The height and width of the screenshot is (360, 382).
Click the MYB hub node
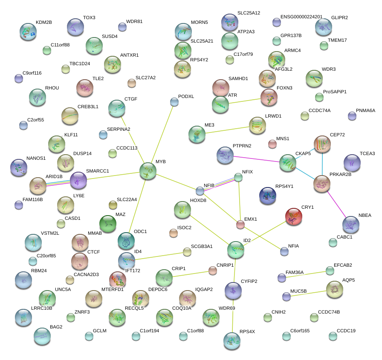pos(148,171)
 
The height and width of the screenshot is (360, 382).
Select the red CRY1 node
pos(293,216)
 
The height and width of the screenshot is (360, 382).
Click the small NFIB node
pos(200,190)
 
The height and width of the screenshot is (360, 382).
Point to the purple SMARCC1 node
pos(78,180)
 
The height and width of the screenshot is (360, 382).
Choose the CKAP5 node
pos(288,163)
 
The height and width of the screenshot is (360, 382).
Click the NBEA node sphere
pos(351,225)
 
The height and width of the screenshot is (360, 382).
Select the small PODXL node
pos(174,101)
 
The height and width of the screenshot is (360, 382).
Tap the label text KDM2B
pos(43,22)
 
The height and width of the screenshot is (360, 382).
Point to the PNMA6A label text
pos(365,110)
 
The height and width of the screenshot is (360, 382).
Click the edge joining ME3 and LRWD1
pos(227,130)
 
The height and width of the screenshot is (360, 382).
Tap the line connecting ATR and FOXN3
pos(244,101)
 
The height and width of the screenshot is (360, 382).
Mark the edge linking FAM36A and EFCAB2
pos(306,274)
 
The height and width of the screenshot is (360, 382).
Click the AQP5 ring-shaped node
pos(335,289)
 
